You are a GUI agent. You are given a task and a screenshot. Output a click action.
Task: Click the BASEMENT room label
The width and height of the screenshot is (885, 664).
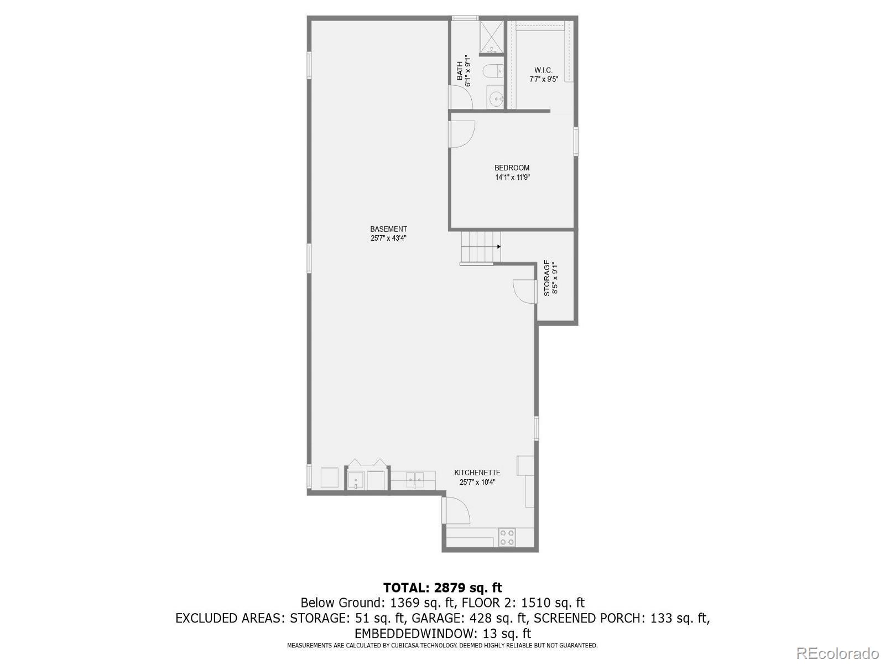[388, 229]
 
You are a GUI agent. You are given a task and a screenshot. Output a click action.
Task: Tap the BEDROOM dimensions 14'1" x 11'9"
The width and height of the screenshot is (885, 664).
[512, 178]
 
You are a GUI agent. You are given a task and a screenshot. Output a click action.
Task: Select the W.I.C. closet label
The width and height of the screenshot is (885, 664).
[543, 70]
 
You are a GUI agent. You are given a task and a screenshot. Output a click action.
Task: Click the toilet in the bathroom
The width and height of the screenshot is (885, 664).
[492, 71]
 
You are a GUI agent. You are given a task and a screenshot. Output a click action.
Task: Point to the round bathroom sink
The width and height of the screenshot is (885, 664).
[496, 100]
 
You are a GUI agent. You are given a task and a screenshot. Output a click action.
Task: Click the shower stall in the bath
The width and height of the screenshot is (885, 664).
[491, 37]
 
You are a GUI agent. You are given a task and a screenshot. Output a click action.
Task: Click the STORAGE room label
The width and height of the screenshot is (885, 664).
[546, 278]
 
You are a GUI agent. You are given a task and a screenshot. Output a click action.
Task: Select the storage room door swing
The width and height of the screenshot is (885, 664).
[524, 290]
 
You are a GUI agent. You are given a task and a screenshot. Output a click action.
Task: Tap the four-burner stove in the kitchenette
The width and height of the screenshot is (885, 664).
[507, 537]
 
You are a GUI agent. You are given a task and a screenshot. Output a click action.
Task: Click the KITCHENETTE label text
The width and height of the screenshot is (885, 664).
[477, 473]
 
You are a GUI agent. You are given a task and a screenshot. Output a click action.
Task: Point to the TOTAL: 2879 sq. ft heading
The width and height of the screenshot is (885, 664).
[442, 588]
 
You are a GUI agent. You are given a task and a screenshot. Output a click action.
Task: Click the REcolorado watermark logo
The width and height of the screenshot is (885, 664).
[839, 653]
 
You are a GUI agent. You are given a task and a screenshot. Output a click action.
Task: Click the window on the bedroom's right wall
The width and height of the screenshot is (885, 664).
[575, 141]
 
